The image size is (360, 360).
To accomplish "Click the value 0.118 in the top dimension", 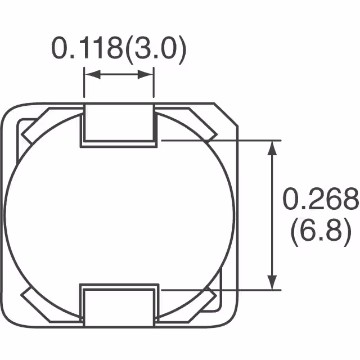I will click(x=87, y=49).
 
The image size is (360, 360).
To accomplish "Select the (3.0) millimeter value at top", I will click(x=155, y=49).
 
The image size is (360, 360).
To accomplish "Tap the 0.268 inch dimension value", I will click(x=319, y=199).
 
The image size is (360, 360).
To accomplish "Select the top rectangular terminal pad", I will click(x=119, y=125).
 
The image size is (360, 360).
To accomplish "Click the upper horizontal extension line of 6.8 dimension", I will click(x=219, y=139).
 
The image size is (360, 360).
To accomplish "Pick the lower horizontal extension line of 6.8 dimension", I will click(x=219, y=290).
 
